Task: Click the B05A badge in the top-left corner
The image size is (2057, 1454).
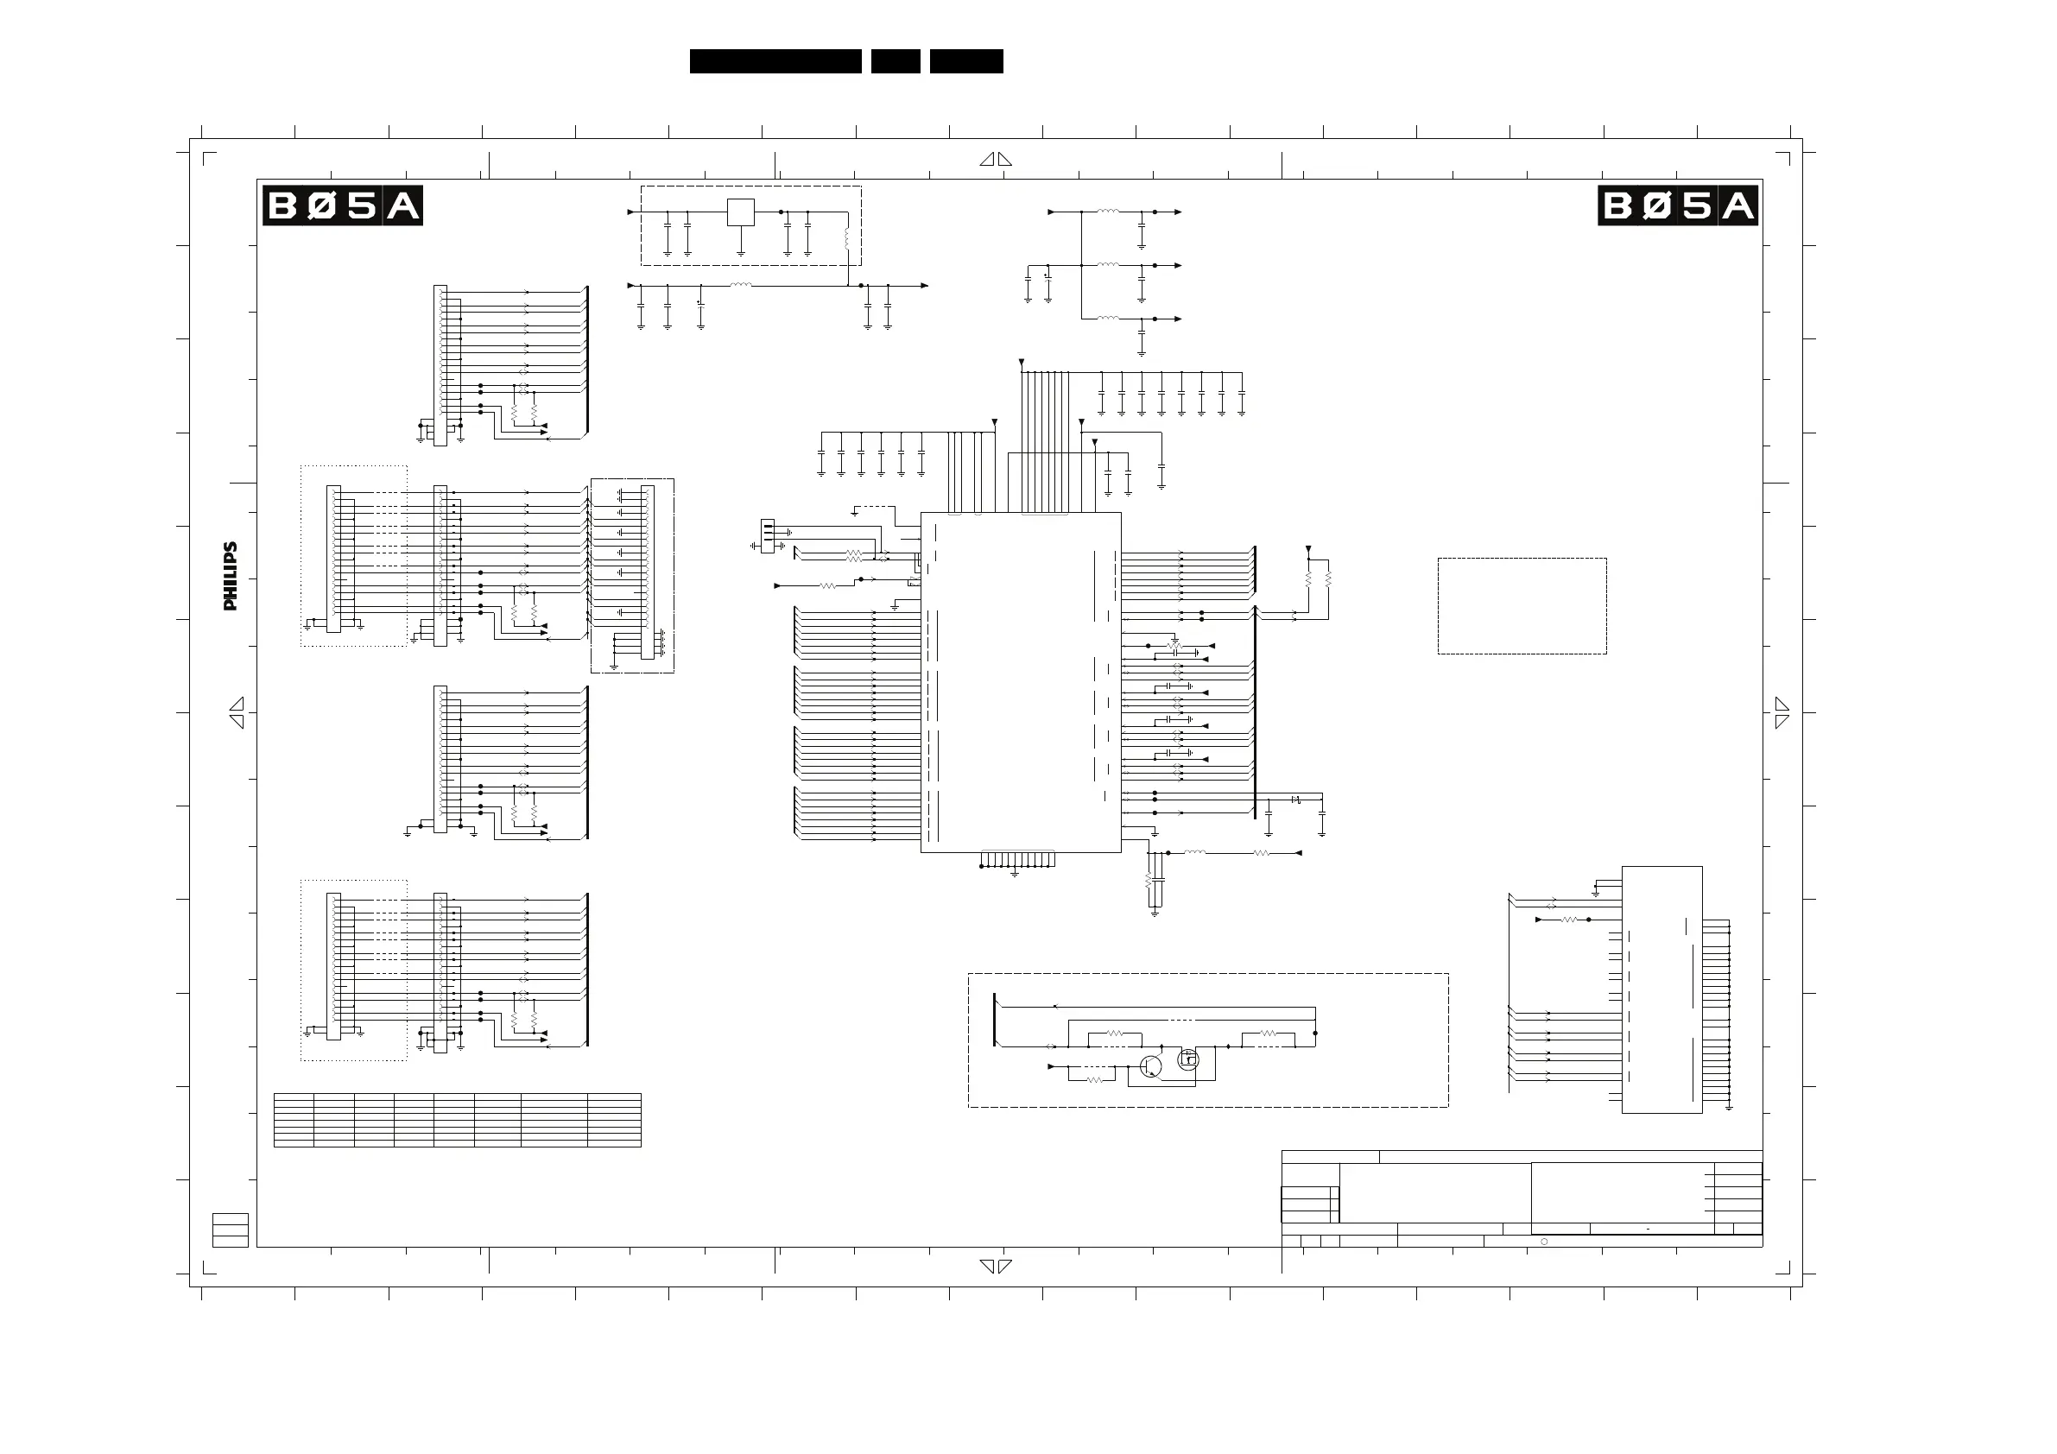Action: pos(341,206)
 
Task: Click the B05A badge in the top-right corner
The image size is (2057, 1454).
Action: pos(1677,206)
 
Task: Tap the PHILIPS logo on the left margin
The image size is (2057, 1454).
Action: pos(231,576)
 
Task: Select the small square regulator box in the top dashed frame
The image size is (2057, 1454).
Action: pos(740,212)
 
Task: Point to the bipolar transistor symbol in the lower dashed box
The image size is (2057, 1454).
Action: pos(1150,1066)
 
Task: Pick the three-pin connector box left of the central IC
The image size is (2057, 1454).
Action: pos(767,535)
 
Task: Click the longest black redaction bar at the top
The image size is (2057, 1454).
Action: pos(775,61)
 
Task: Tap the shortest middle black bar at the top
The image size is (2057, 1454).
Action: pos(895,61)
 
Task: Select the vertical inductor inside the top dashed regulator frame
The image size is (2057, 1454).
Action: pos(847,239)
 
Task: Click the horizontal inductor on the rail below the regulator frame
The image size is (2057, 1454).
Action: pos(740,286)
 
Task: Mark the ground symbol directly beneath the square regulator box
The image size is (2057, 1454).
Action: pos(740,254)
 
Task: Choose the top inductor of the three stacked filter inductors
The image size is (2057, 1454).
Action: pos(1108,212)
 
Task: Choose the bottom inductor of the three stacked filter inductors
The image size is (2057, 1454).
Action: pos(1108,318)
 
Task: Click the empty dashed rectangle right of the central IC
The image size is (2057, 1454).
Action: pos(1522,605)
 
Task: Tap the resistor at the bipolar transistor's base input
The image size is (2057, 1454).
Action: pos(1094,1080)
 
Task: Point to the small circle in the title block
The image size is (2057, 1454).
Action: pos(1544,1242)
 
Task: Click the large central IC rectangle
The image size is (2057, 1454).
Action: pos(1021,682)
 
